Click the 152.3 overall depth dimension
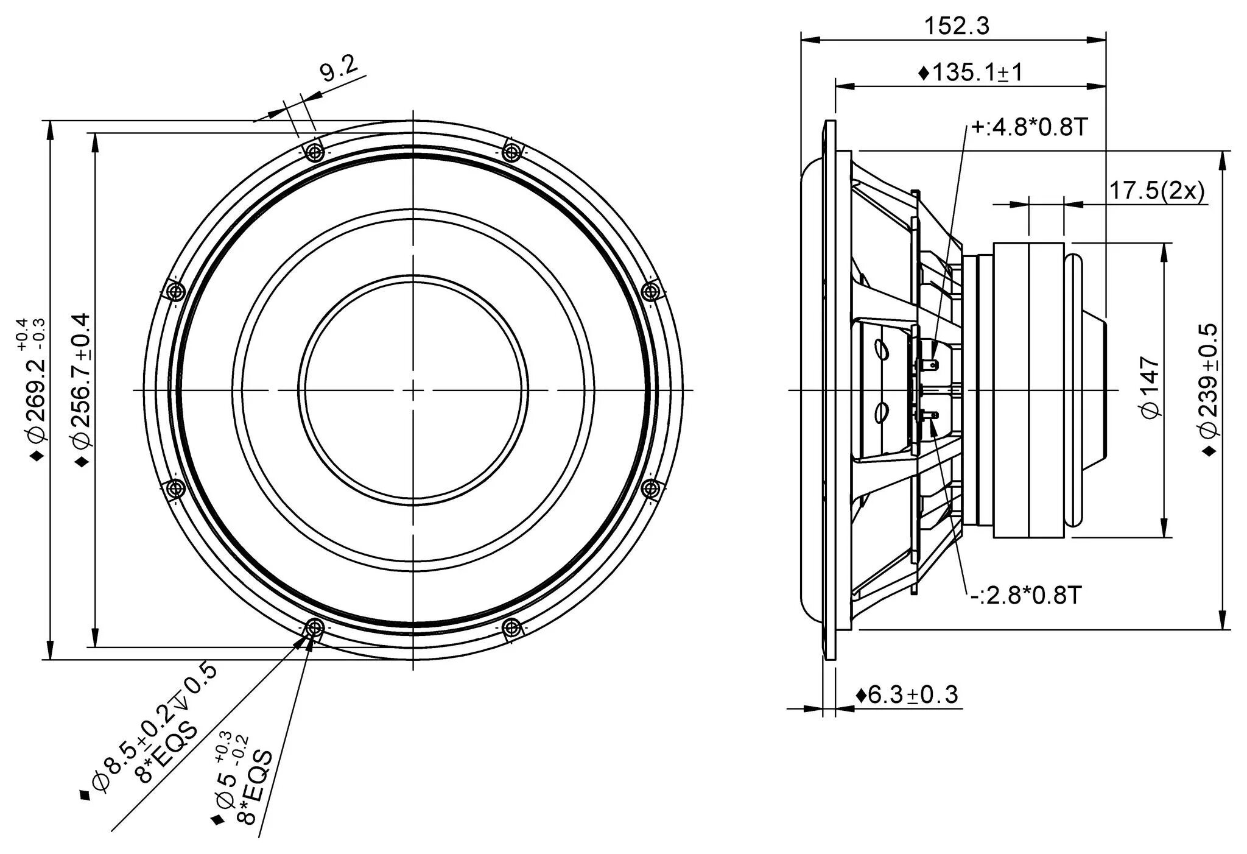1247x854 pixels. (x=957, y=26)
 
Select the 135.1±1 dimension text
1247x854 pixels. (x=971, y=72)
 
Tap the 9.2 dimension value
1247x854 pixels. (x=339, y=69)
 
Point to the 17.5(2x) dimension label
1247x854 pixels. (x=1156, y=191)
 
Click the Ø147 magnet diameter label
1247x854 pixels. (x=1150, y=388)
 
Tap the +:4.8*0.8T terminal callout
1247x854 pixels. (x=1028, y=127)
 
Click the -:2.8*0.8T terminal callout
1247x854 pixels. (x=1025, y=595)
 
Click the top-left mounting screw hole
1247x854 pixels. (x=314, y=151)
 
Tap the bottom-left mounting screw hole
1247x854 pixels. (x=314, y=627)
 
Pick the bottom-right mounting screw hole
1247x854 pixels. (x=513, y=627)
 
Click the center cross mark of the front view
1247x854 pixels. (x=413, y=389)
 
